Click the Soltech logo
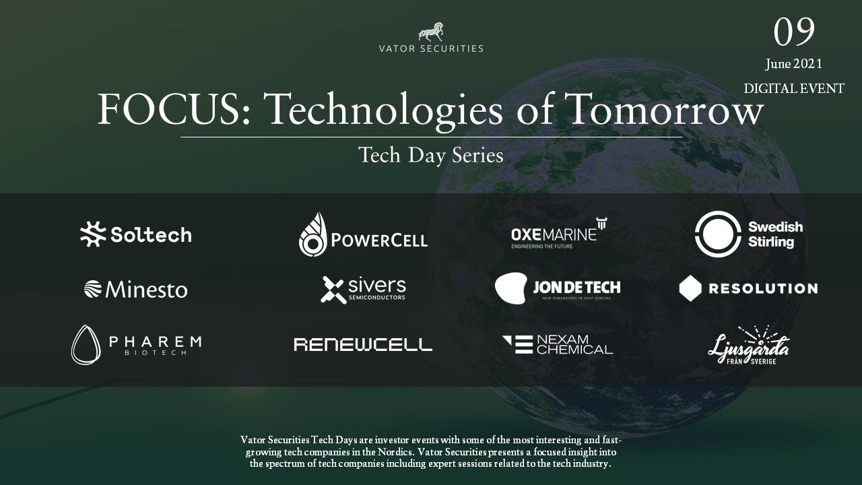(x=135, y=234)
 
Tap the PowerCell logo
(x=363, y=235)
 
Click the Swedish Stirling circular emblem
(x=718, y=234)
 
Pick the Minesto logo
(x=135, y=290)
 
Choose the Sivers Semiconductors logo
(x=363, y=290)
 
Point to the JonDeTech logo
(x=558, y=288)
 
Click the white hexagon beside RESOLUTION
(x=690, y=288)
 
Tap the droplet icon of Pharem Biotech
(x=86, y=345)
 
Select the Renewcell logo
(x=363, y=345)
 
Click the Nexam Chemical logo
(x=558, y=344)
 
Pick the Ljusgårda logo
(x=748, y=345)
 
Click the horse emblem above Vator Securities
(x=431, y=32)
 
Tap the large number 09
(x=794, y=31)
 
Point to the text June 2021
(x=793, y=65)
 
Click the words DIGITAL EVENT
(x=793, y=89)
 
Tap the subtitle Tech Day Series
(x=431, y=156)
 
